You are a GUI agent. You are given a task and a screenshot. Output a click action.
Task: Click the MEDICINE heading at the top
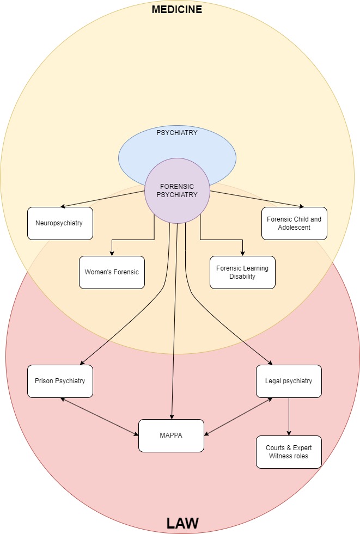(x=177, y=9)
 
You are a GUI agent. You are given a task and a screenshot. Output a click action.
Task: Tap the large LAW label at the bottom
(x=182, y=523)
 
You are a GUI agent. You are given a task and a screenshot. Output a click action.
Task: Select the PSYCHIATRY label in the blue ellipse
(x=177, y=132)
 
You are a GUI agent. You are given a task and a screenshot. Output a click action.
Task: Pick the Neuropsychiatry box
(x=60, y=223)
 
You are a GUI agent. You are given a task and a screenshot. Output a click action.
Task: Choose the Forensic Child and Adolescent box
(x=294, y=223)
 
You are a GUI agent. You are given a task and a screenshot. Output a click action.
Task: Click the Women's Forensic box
(x=112, y=273)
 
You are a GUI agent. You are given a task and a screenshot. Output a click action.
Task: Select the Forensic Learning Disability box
(x=242, y=273)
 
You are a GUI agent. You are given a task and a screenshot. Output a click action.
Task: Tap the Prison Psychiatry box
(x=60, y=382)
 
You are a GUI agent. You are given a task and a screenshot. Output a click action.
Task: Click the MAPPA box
(x=171, y=435)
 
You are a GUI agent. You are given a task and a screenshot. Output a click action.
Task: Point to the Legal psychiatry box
(x=289, y=382)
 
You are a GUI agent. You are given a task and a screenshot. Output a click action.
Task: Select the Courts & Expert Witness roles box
(x=289, y=452)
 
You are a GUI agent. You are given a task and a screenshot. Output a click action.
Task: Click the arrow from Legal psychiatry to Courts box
(x=289, y=416)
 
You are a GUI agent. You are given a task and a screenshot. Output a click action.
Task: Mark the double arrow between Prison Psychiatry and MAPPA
(x=100, y=416)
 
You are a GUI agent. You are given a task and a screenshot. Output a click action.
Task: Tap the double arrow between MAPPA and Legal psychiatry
(x=238, y=416)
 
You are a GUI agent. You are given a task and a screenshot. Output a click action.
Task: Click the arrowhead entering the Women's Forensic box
(x=112, y=254)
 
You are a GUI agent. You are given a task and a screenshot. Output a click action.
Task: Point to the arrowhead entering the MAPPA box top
(x=172, y=417)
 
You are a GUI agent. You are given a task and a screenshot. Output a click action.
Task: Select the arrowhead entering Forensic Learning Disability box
(x=242, y=254)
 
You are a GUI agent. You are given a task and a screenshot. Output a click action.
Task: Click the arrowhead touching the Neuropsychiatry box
(x=63, y=206)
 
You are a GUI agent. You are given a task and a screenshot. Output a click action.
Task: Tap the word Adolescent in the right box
(x=294, y=228)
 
